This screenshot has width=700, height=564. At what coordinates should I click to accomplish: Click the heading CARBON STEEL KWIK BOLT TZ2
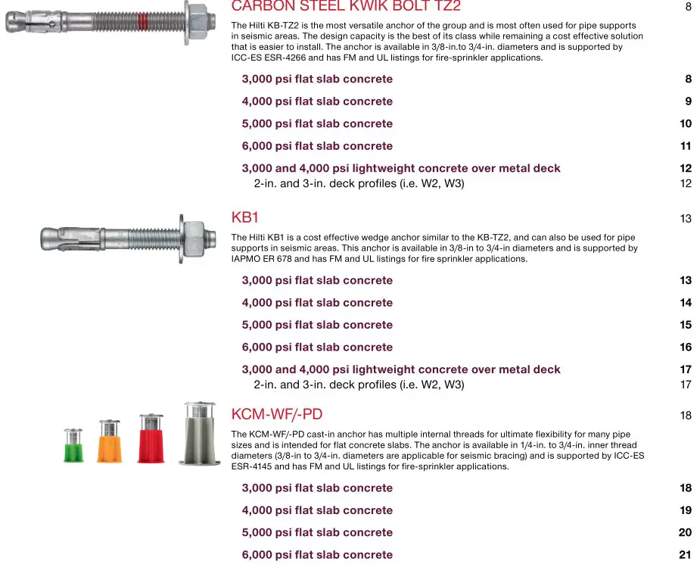(x=345, y=7)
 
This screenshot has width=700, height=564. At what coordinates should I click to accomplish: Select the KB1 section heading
(x=244, y=218)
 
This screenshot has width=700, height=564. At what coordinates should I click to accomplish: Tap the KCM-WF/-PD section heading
(x=276, y=414)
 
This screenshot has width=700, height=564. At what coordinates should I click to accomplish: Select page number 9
(x=688, y=101)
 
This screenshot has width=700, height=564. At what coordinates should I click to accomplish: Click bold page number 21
(x=685, y=555)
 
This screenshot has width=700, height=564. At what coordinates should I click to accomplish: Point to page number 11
(x=686, y=146)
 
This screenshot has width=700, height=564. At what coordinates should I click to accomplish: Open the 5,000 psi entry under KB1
(x=317, y=325)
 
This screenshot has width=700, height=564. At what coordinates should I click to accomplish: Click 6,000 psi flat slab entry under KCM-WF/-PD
(x=317, y=555)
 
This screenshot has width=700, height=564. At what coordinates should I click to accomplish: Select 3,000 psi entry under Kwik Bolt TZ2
(x=317, y=79)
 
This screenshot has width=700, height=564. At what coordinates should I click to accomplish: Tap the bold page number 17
(x=686, y=369)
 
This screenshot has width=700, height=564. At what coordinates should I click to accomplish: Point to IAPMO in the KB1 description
(x=247, y=259)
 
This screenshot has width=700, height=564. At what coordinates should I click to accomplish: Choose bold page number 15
(x=686, y=325)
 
